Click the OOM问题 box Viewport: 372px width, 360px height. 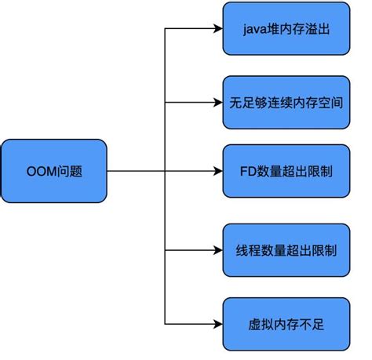coord(54,170)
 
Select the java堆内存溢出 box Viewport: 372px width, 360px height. coord(285,30)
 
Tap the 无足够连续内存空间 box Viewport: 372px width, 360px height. coord(285,102)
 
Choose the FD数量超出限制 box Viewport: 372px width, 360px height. coord(285,170)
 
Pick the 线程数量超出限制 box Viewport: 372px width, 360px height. coord(285,250)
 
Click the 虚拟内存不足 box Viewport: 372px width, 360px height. coord(285,323)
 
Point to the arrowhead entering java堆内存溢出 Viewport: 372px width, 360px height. coord(217,30)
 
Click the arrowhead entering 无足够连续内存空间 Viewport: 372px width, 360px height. coord(217,102)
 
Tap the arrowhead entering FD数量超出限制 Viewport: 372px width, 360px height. coord(217,170)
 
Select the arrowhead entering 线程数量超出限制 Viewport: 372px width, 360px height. coord(217,250)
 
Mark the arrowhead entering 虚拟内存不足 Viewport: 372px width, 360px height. coord(217,323)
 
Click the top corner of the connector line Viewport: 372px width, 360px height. coord(164,30)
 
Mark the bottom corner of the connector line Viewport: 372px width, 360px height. coord(164,323)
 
